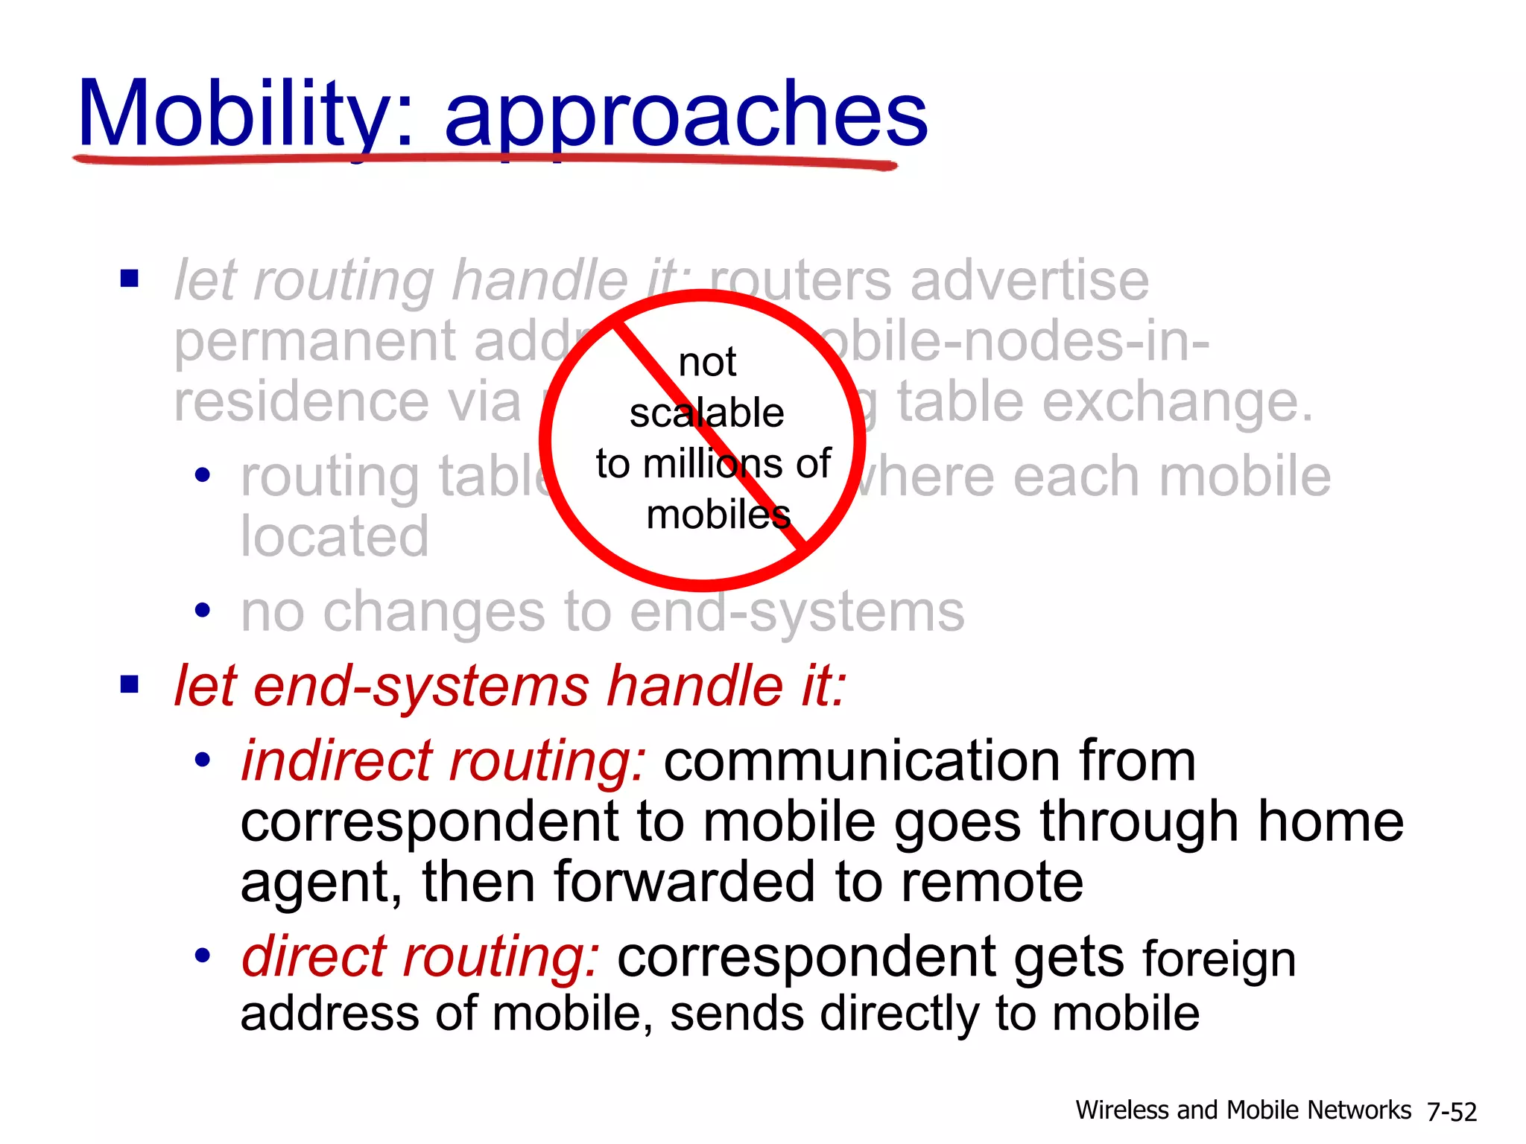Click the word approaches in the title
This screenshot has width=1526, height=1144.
686,115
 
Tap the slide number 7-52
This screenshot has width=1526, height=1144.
1451,1112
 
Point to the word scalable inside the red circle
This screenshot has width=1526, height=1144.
706,413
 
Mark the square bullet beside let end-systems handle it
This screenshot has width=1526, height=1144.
130,684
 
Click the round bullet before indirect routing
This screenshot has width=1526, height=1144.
202,761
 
